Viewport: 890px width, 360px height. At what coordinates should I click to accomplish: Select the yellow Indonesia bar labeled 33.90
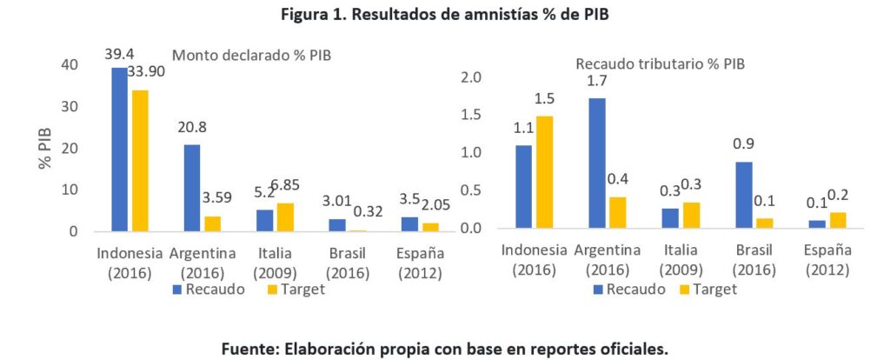[x=140, y=161]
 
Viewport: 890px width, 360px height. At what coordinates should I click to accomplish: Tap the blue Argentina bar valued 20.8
[x=192, y=188]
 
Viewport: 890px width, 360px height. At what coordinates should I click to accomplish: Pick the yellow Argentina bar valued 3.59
[x=212, y=223]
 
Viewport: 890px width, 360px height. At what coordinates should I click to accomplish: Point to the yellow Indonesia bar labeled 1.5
[x=544, y=172]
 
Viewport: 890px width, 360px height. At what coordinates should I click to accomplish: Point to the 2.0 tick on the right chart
[x=471, y=77]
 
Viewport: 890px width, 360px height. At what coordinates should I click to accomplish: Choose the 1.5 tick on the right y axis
[x=471, y=115]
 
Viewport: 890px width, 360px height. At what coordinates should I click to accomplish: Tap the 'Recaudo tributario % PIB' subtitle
[x=661, y=63]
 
